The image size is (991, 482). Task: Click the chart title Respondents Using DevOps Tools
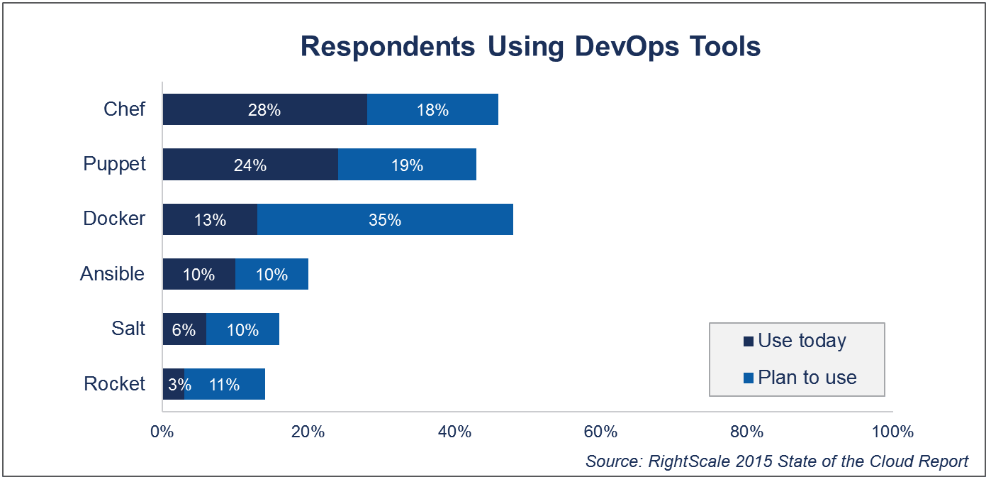[x=530, y=47]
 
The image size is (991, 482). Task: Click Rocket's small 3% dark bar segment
[x=173, y=384]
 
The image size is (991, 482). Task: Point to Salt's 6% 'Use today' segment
[x=184, y=329]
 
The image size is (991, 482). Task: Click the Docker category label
[x=114, y=219]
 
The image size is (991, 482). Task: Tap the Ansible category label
[x=112, y=274]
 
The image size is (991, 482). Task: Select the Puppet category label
[x=114, y=164]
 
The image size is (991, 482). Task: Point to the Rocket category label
[x=114, y=384]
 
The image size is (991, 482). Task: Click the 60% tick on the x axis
[x=600, y=432]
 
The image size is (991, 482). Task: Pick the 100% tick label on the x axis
[x=892, y=432]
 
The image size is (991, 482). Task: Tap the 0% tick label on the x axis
[x=163, y=432]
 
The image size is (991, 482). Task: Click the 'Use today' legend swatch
[x=748, y=342]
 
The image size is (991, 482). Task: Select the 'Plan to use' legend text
[x=807, y=378]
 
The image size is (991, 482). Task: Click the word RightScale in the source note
[x=685, y=461]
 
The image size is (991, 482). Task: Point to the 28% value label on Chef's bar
[x=264, y=110]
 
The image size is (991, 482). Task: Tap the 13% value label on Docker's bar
[x=210, y=220]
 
